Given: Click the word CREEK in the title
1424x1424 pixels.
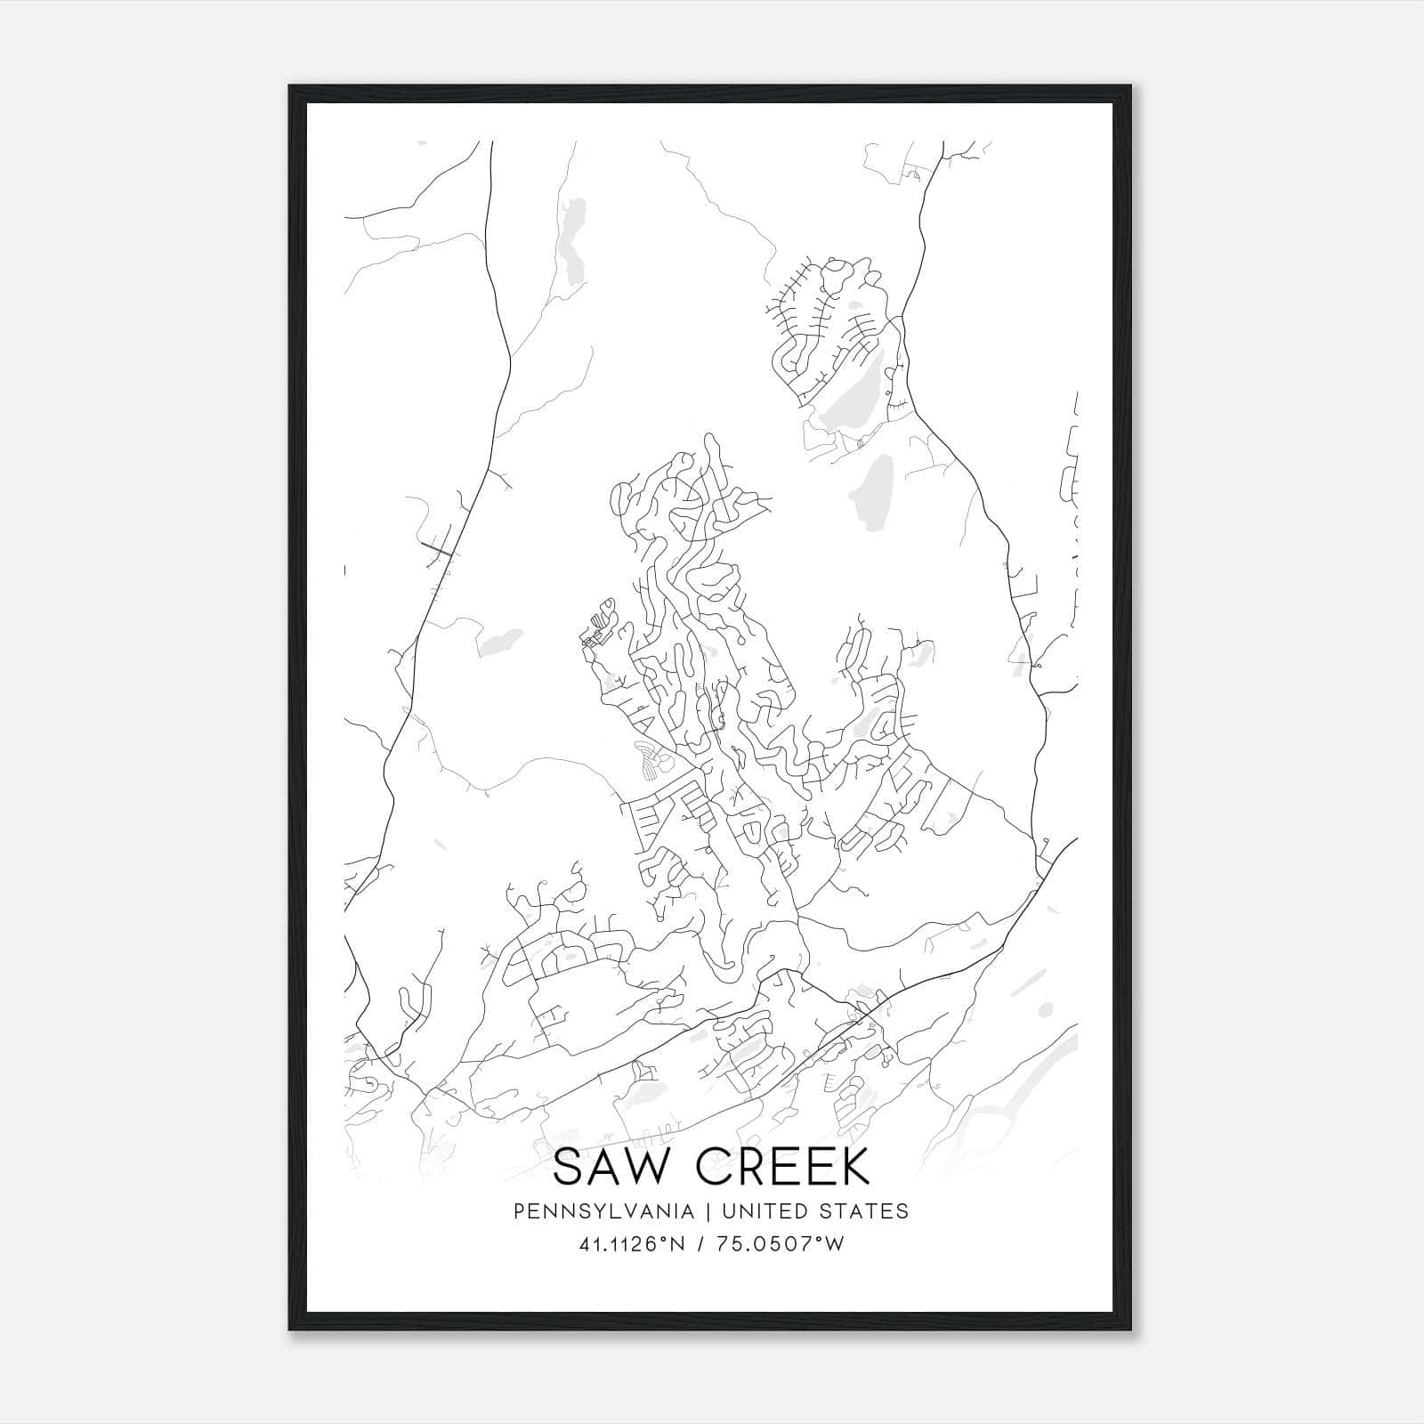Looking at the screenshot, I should [781, 1168].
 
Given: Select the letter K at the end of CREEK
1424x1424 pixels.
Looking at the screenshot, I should [854, 1168].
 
